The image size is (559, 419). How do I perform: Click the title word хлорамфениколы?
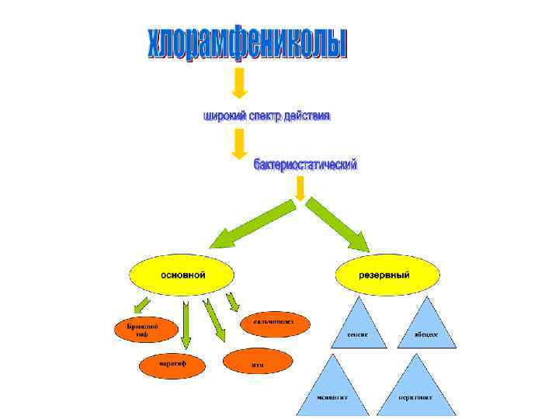click(x=247, y=44)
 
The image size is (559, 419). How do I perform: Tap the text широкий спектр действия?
click(x=266, y=116)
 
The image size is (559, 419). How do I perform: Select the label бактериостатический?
click(x=305, y=165)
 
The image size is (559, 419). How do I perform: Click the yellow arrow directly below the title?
click(x=240, y=84)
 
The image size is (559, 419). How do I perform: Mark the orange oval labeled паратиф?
click(x=172, y=363)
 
